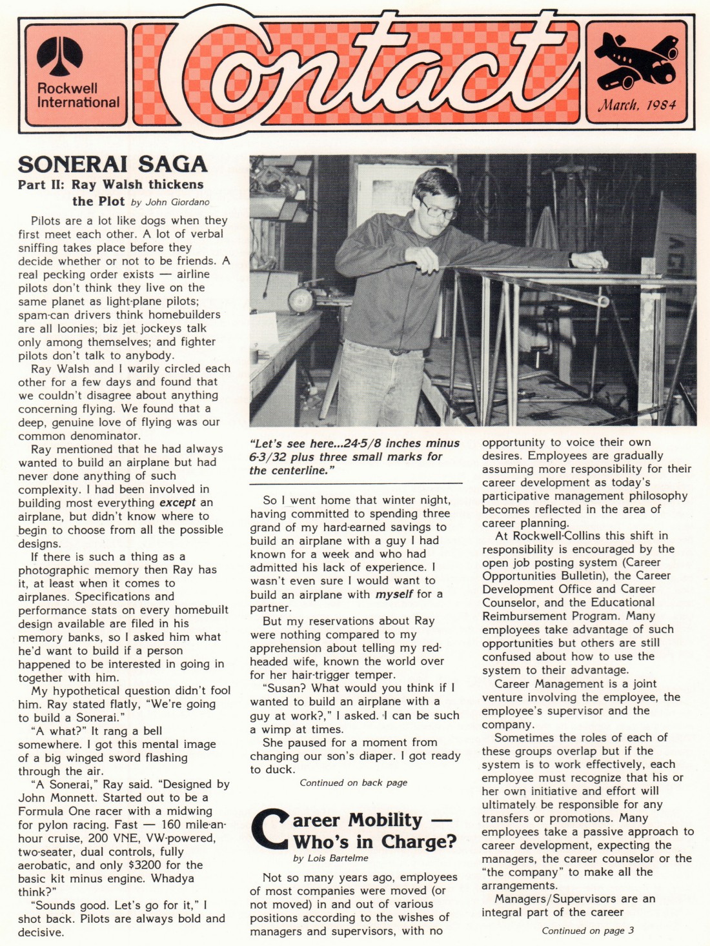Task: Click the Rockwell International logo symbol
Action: click(x=59, y=57)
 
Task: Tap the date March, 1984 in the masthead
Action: click(x=637, y=105)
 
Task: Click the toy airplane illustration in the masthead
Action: click(x=636, y=61)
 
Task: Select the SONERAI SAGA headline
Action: click(x=113, y=164)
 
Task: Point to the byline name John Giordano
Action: click(x=177, y=202)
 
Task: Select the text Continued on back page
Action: click(x=353, y=783)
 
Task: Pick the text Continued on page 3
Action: click(x=587, y=931)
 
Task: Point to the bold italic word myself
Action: click(x=394, y=594)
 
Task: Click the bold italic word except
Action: click(x=177, y=503)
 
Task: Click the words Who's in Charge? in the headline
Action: click(x=374, y=842)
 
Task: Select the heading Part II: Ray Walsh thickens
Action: click(x=110, y=185)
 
